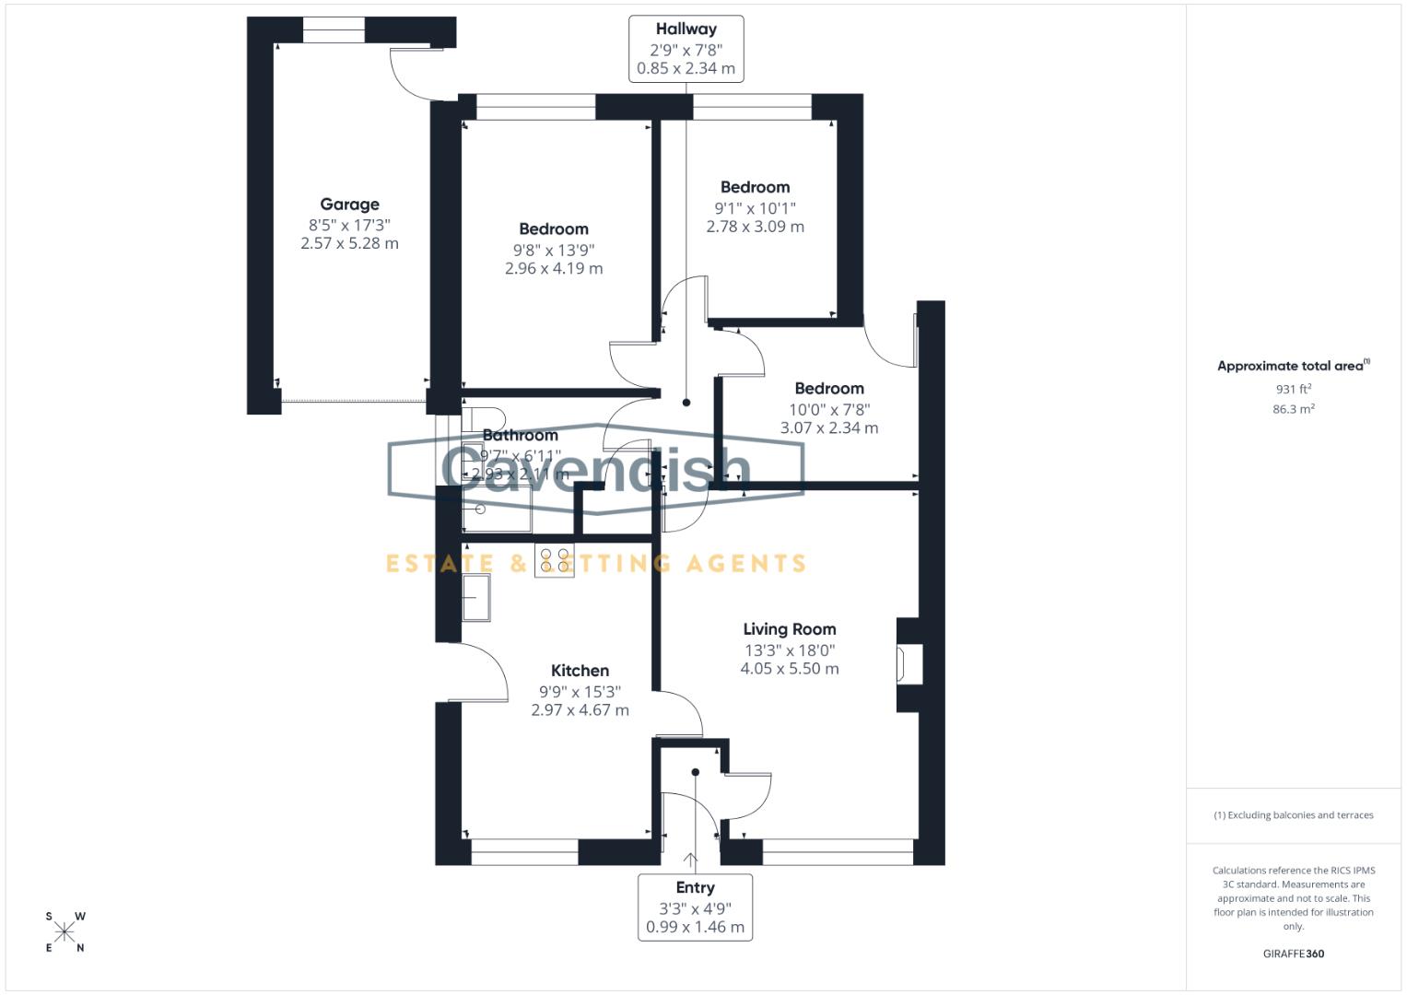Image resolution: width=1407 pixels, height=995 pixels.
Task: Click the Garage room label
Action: pos(349,205)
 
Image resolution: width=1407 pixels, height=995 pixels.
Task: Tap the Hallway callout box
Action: pos(686,49)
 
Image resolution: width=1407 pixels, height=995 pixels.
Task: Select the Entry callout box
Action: pos(695,907)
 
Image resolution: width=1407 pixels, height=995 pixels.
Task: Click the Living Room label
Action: pos(790,629)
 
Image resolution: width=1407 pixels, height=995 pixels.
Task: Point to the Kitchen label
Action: pos(580,671)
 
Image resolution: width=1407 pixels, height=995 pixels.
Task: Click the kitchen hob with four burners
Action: pos(554,561)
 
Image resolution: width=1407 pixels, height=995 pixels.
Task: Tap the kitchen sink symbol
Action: pos(476,598)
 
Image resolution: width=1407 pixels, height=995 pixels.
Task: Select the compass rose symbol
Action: pos(64,932)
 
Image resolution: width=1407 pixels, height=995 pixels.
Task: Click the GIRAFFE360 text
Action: pos(1293,954)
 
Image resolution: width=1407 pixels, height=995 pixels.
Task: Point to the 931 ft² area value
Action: pos(1293,390)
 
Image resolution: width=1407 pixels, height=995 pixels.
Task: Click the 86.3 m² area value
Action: pos(1293,409)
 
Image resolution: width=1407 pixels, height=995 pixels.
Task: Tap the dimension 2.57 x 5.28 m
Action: pos(349,243)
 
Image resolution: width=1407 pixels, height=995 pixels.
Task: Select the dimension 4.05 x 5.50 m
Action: pos(790,669)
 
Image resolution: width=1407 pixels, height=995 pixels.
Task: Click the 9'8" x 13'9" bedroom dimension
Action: pos(553,250)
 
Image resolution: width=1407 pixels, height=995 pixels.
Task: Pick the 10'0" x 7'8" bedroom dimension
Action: pos(829,409)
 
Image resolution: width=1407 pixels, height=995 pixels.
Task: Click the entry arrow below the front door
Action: pos(691,860)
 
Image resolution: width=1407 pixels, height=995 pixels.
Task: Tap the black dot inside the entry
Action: pos(696,772)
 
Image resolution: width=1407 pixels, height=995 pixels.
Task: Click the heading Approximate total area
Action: pos(1293,366)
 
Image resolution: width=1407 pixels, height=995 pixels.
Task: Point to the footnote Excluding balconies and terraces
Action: pos(1293,815)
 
